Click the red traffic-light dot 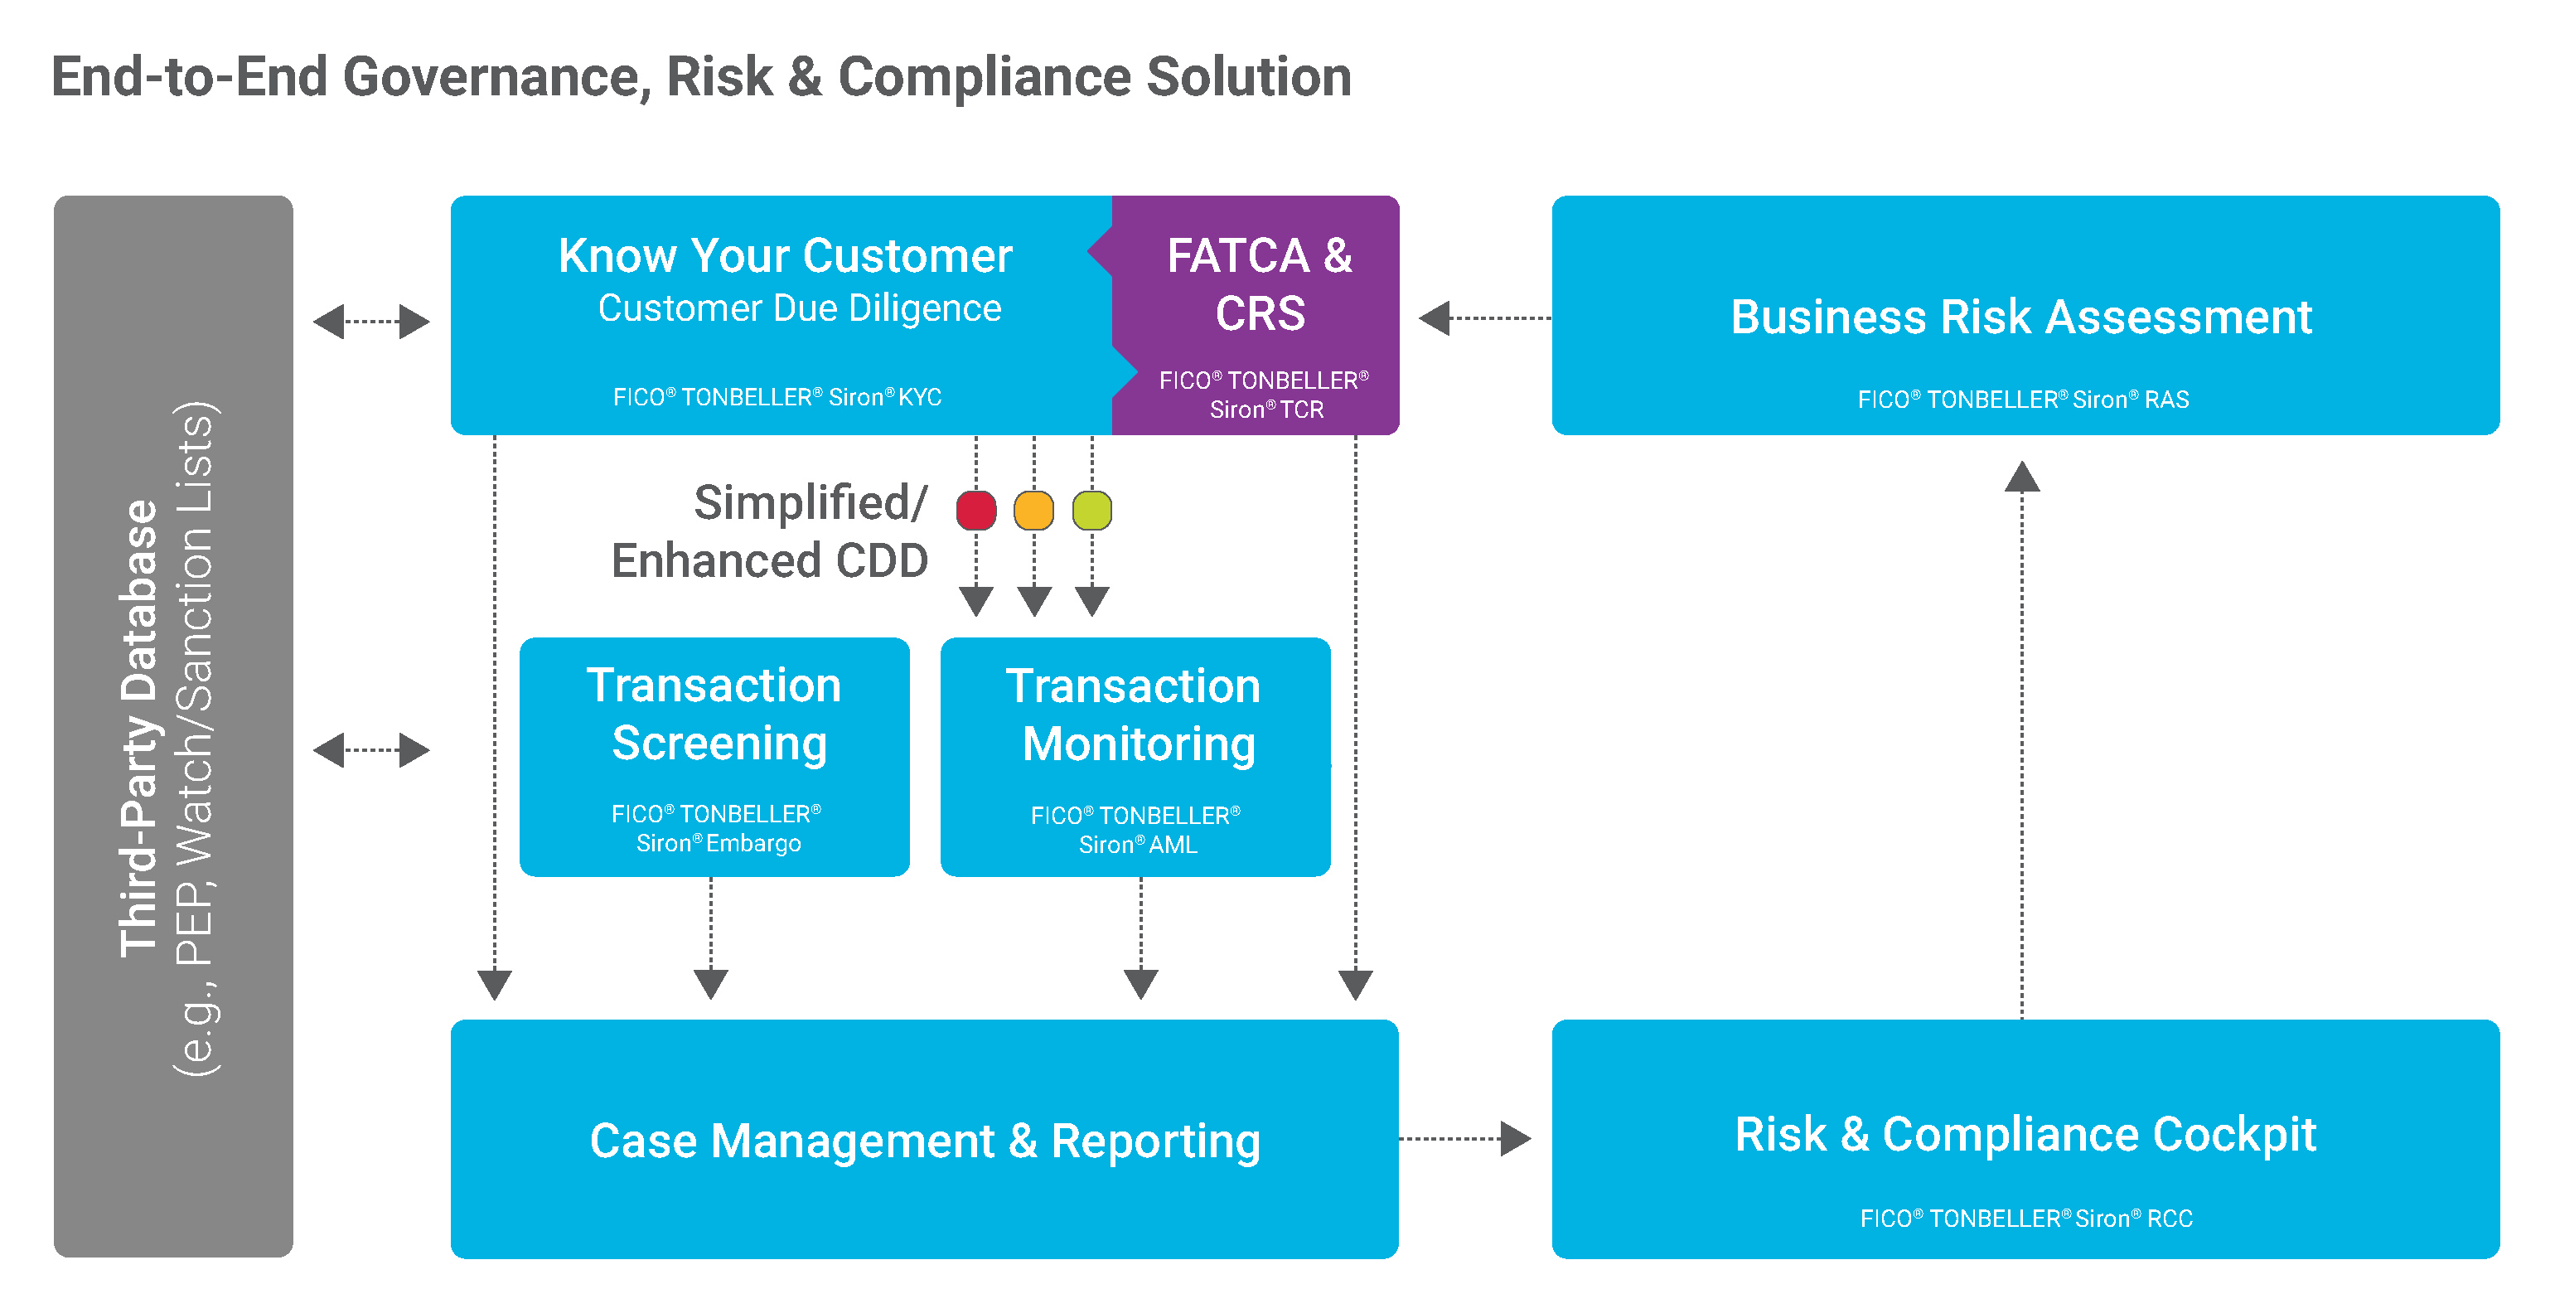point(976,510)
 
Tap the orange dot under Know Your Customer point(1033,510)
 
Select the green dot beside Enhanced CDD point(1092,510)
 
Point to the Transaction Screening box point(714,757)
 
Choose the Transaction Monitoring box point(1135,757)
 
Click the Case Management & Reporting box point(924,1139)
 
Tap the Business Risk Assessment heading point(2021,317)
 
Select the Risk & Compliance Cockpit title point(2025,1134)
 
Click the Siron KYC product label point(777,397)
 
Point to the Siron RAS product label point(2024,399)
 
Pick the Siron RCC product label point(2026,1218)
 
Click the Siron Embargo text point(718,842)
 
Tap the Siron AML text point(1138,845)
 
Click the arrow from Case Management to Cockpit point(1465,1139)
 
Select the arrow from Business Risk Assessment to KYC point(1485,318)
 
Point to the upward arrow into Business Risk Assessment point(2022,739)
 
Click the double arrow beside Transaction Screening point(371,749)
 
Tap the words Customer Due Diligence point(800,308)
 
